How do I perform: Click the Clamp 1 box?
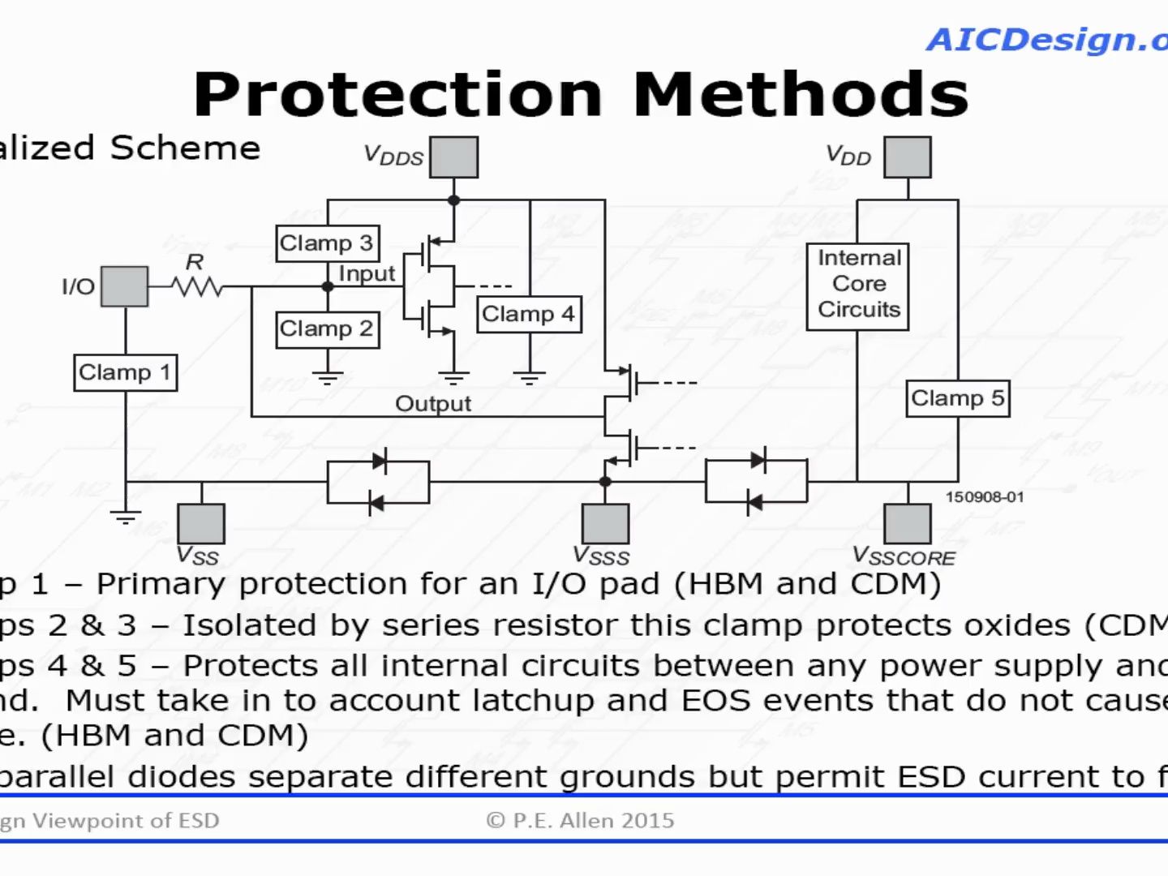point(126,372)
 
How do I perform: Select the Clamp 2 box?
point(327,329)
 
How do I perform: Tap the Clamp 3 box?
point(327,243)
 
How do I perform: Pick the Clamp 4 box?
point(529,314)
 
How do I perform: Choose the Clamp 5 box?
point(957,398)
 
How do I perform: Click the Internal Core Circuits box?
point(858,285)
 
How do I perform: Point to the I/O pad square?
point(125,286)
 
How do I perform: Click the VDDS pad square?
point(453,157)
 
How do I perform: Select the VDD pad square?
point(907,157)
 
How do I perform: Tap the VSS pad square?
point(201,523)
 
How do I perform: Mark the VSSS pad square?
point(605,523)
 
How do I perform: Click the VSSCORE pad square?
point(907,523)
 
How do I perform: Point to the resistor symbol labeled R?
point(196,286)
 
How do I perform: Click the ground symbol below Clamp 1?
point(126,516)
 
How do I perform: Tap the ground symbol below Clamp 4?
point(529,376)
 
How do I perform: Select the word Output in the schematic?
point(432,403)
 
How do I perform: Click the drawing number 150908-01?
point(985,497)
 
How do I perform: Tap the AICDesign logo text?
point(1046,40)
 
